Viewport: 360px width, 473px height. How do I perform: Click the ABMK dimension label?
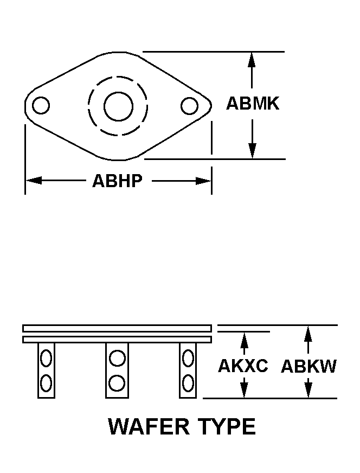coord(253,103)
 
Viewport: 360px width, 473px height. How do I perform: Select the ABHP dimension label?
coord(117,181)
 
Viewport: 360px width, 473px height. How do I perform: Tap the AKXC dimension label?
coord(243,366)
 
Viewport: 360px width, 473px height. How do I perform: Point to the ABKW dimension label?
coord(308,367)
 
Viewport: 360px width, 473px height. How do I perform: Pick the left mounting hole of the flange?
coord(41,105)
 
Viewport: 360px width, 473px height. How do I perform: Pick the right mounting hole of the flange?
coord(189,106)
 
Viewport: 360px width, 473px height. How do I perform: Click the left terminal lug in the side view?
coord(46,370)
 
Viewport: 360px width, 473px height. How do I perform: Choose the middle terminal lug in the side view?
coord(117,370)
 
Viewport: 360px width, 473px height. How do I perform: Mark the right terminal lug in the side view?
coord(188,370)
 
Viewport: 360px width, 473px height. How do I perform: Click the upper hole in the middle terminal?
coord(117,359)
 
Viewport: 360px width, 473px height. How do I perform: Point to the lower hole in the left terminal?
coord(46,383)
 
